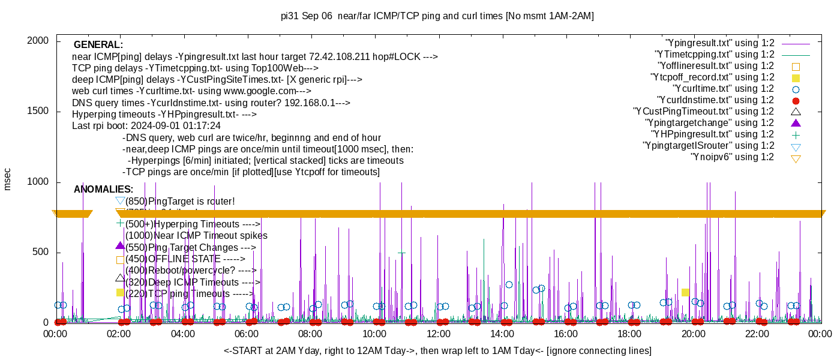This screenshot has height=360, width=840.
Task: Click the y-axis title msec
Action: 7,179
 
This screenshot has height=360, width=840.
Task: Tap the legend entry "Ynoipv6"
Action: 732,157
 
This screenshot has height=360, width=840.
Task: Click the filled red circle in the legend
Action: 796,101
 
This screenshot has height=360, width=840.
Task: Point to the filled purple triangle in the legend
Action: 796,123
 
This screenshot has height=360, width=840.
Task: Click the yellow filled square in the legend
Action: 796,78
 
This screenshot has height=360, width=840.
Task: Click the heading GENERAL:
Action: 98,45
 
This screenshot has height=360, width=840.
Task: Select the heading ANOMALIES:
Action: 103,190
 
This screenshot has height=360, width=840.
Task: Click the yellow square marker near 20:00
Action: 685,292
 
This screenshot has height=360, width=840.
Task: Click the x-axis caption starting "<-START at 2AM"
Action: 437,350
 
